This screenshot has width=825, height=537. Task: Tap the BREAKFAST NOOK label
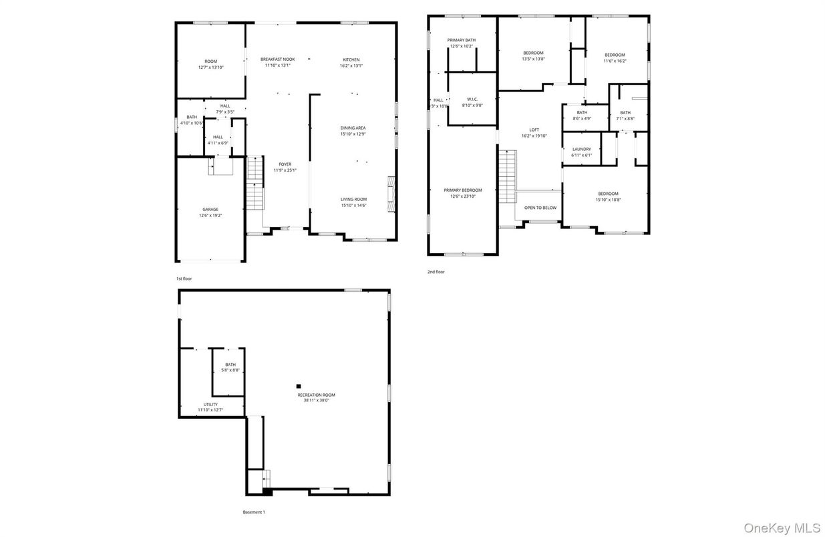click(x=277, y=59)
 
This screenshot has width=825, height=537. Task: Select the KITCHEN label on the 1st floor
click(x=351, y=59)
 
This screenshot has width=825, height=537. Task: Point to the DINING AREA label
click(x=353, y=128)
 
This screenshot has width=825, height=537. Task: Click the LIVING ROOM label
click(x=353, y=199)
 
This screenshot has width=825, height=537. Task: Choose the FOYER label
click(x=285, y=164)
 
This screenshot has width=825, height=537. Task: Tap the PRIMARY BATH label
click(x=462, y=40)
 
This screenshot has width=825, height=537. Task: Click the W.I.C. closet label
click(x=472, y=99)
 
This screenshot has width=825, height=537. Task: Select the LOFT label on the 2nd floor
click(x=534, y=130)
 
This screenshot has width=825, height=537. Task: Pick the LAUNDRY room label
click(x=581, y=149)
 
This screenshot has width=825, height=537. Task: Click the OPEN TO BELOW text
click(x=540, y=208)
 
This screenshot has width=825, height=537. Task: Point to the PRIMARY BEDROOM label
click(x=462, y=190)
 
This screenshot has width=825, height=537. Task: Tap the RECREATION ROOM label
click(x=316, y=395)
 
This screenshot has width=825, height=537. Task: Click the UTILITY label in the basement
click(x=210, y=404)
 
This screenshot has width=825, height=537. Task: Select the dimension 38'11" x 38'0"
click(x=316, y=401)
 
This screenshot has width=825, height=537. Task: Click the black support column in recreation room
click(x=299, y=385)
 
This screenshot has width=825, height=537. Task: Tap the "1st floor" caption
click(x=184, y=278)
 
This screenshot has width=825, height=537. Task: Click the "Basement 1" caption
click(x=254, y=512)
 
